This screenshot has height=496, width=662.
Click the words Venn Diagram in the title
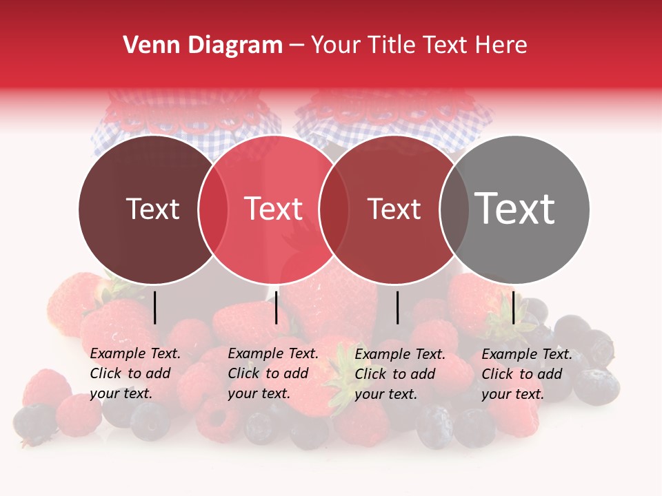(203, 45)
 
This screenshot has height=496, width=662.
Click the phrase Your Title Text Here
(419, 45)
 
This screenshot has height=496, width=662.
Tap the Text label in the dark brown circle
(152, 209)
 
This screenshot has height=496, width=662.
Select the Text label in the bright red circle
(273, 209)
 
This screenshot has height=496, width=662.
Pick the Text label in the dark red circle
(394, 209)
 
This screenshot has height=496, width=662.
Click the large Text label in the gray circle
(515, 209)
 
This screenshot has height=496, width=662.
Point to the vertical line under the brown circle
(154, 307)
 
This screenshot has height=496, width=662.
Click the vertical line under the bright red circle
(276, 307)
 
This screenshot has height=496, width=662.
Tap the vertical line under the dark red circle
(397, 307)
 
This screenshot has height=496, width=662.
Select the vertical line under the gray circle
(513, 307)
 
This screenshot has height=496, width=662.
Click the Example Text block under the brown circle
(135, 373)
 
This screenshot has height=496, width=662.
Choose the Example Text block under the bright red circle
(273, 373)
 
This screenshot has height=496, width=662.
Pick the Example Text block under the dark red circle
(400, 373)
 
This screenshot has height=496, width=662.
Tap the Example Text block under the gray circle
(527, 373)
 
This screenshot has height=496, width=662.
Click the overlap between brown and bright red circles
(213, 209)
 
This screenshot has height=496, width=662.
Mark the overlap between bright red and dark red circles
(334, 209)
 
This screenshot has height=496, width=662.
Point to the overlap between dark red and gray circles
(454, 209)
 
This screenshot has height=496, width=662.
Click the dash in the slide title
(297, 45)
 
